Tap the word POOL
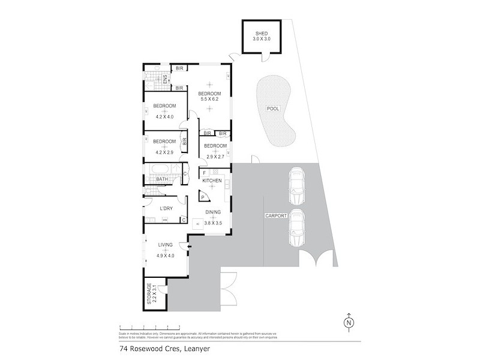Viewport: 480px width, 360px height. pyautogui.click(x=273, y=109)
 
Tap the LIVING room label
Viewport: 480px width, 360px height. pyautogui.click(x=166, y=245)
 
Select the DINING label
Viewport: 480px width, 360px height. pyautogui.click(x=213, y=212)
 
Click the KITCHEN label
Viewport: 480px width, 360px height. pyautogui.click(x=212, y=181)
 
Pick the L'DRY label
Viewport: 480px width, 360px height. pyautogui.click(x=166, y=208)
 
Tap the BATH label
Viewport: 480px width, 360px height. pyautogui.click(x=162, y=179)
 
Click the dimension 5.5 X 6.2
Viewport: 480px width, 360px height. pyautogui.click(x=210, y=99)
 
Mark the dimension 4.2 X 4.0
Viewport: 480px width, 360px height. pyautogui.click(x=163, y=116)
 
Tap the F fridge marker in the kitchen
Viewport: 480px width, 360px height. pyautogui.click(x=205, y=173)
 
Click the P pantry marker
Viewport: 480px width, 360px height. pyautogui.click(x=203, y=197)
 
